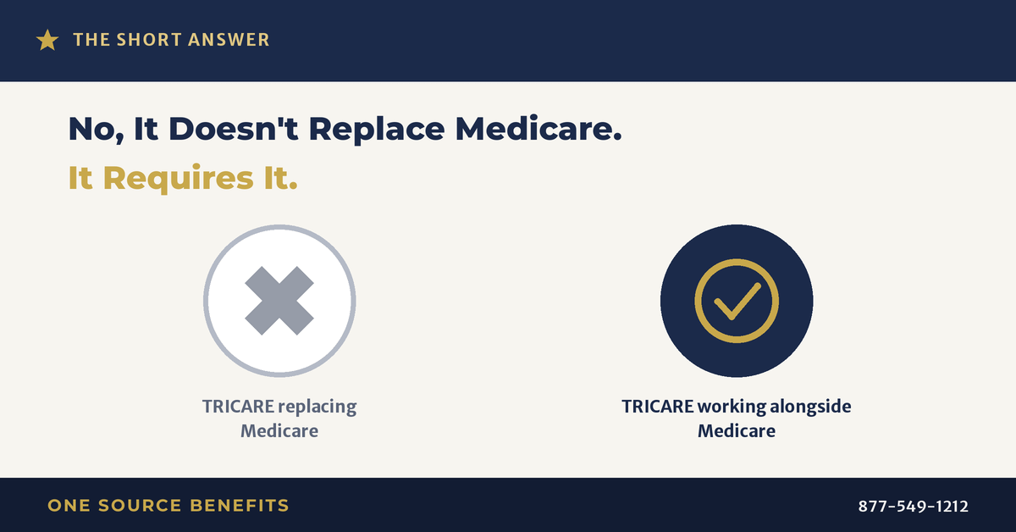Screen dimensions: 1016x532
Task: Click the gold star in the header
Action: point(47,40)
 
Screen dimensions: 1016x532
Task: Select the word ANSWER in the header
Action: point(229,40)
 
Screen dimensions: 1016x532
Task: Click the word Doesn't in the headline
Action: point(233,129)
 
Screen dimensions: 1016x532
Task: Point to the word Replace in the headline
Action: point(377,130)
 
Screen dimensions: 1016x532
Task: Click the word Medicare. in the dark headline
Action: point(538,129)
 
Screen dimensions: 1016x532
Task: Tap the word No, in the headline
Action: point(97,130)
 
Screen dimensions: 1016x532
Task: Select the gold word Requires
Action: point(179,179)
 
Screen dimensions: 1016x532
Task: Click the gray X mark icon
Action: point(279,301)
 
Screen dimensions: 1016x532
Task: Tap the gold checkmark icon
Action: point(737,301)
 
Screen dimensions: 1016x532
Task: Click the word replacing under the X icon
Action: point(317,407)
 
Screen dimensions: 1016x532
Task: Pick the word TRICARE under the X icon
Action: point(238,407)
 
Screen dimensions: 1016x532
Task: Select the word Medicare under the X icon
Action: point(279,431)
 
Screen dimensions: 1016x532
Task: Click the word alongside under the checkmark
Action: point(810,407)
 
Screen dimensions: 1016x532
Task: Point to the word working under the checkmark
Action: point(732,407)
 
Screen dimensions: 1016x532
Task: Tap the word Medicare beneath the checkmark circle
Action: point(737,431)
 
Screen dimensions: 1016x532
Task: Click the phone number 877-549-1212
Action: point(914,506)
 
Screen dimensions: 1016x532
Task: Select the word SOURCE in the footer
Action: point(141,506)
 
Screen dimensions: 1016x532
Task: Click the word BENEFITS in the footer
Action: point(240,506)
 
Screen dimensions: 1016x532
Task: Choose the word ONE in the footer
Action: point(69,506)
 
